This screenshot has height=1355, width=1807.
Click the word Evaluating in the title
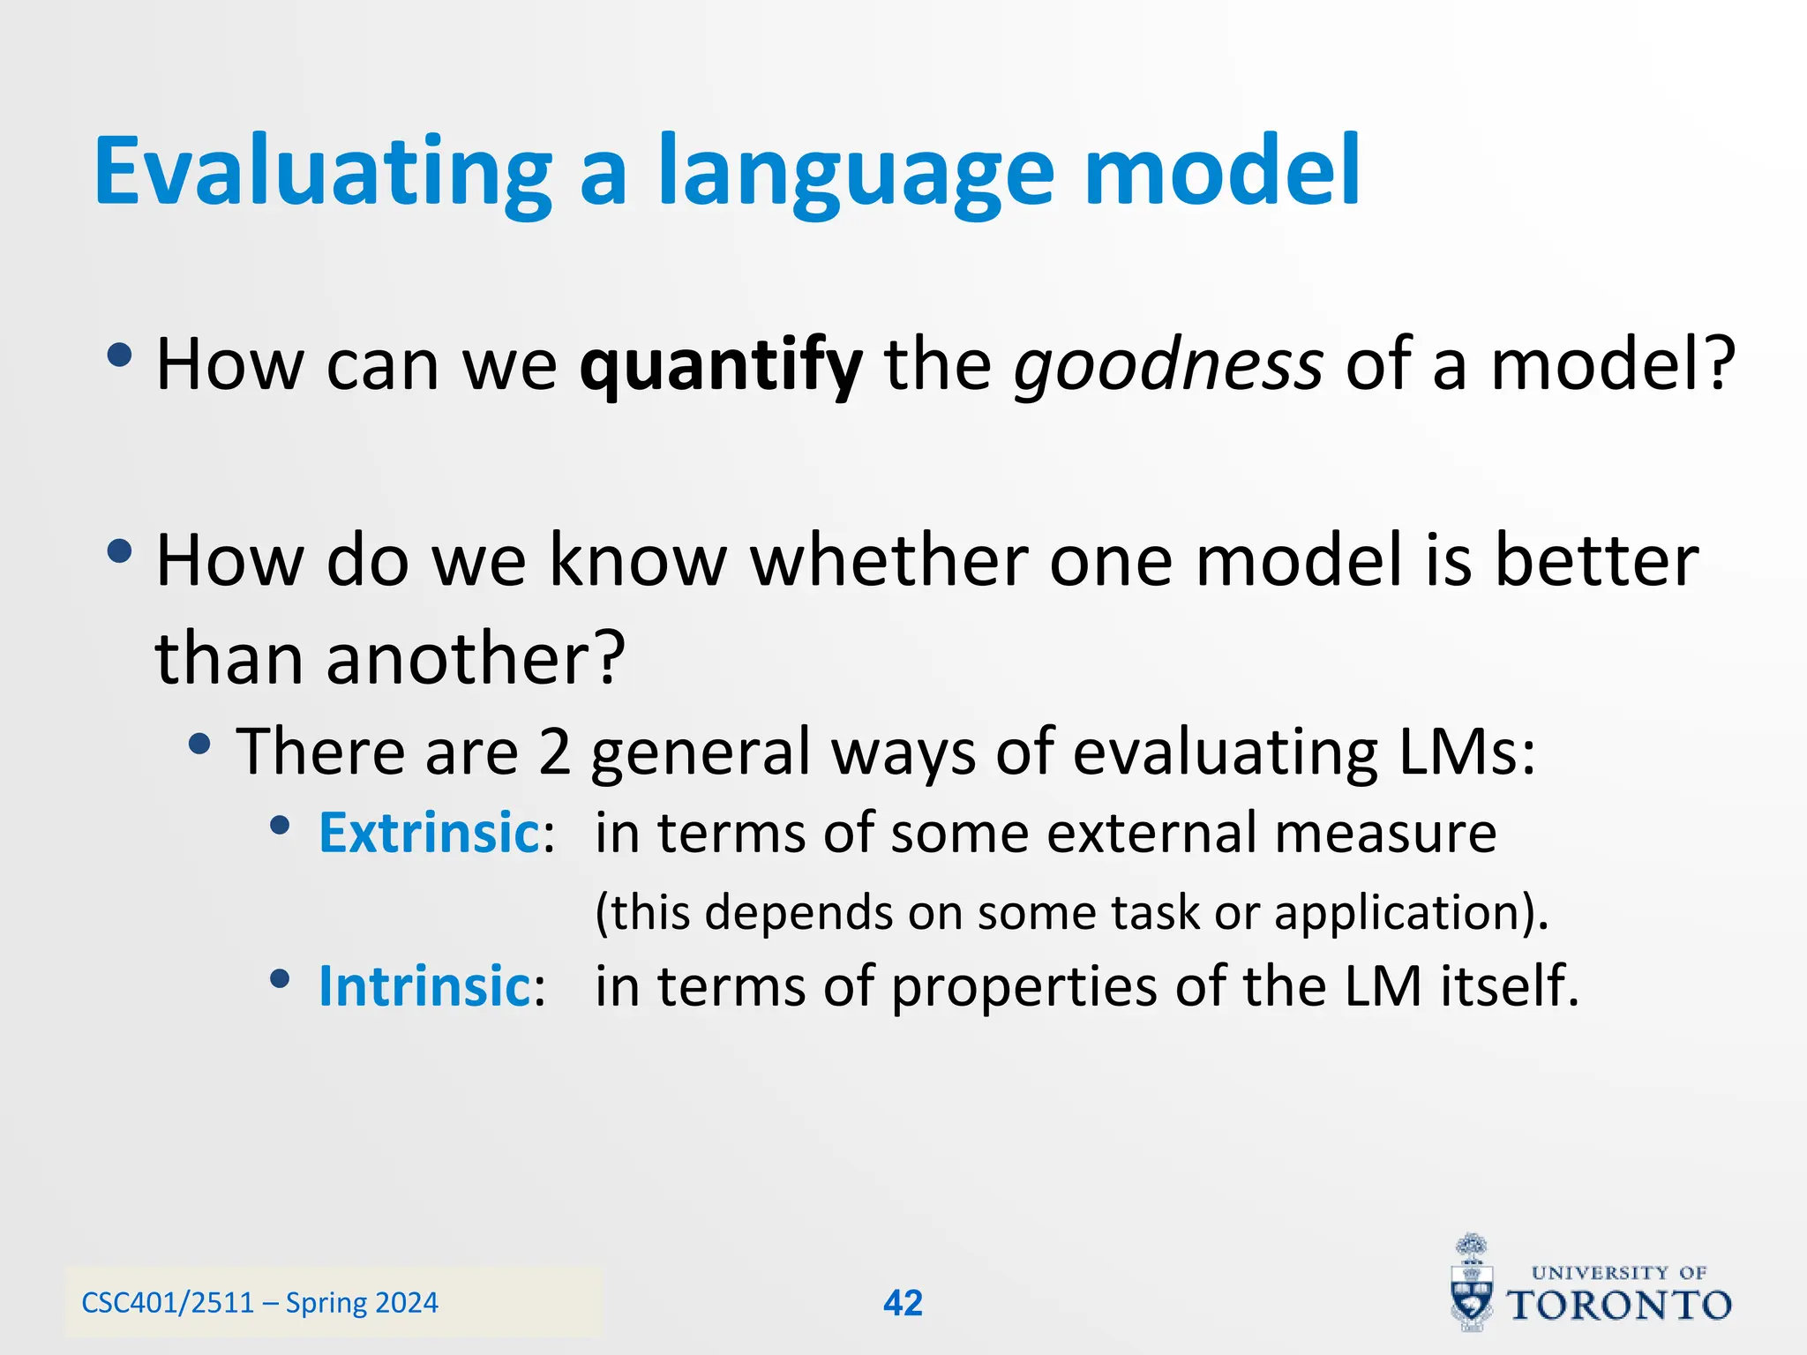click(x=322, y=172)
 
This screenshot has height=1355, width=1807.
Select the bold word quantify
click(x=720, y=366)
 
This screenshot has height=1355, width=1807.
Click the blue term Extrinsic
click(x=429, y=833)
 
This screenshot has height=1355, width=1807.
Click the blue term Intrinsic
click(x=424, y=986)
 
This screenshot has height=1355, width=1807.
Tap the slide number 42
click(x=903, y=1303)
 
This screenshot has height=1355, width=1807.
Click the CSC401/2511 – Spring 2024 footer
click(x=259, y=1303)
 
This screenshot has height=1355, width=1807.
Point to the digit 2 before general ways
click(x=555, y=752)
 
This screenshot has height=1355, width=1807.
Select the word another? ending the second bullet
click(x=476, y=660)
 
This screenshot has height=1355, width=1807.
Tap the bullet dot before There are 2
click(x=200, y=745)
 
